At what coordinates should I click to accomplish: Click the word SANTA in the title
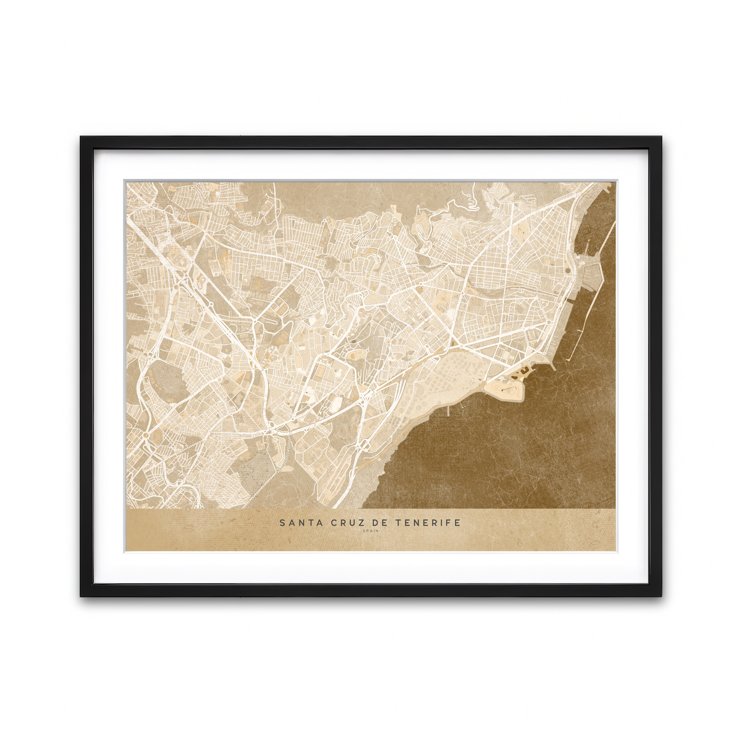(300, 523)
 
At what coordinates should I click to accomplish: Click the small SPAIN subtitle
(370, 531)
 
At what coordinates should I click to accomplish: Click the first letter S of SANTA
(282, 523)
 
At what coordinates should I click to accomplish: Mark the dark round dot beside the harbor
(569, 270)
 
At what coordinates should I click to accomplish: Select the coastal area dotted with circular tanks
(453, 372)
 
